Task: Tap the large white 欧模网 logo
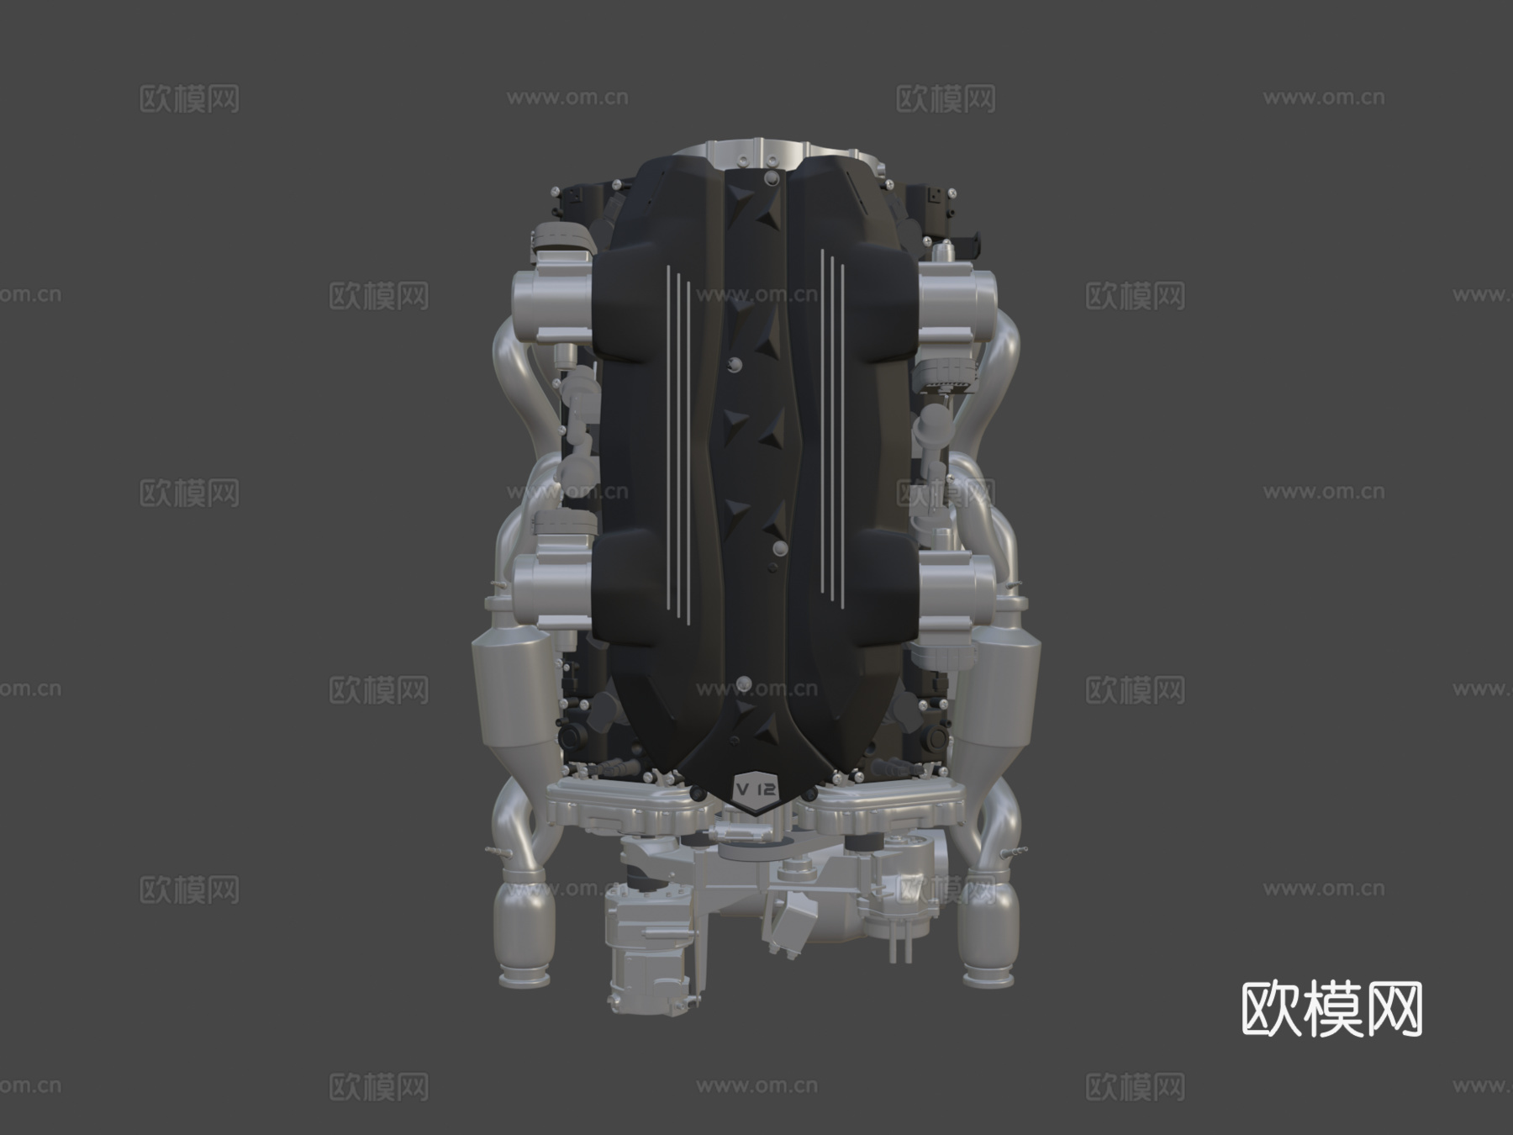click(x=1331, y=1009)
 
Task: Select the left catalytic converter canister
click(x=510, y=689)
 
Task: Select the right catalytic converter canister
click(x=1002, y=689)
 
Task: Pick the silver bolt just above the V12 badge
click(x=743, y=683)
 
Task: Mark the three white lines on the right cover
click(x=832, y=429)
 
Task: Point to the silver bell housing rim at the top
click(x=756, y=151)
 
